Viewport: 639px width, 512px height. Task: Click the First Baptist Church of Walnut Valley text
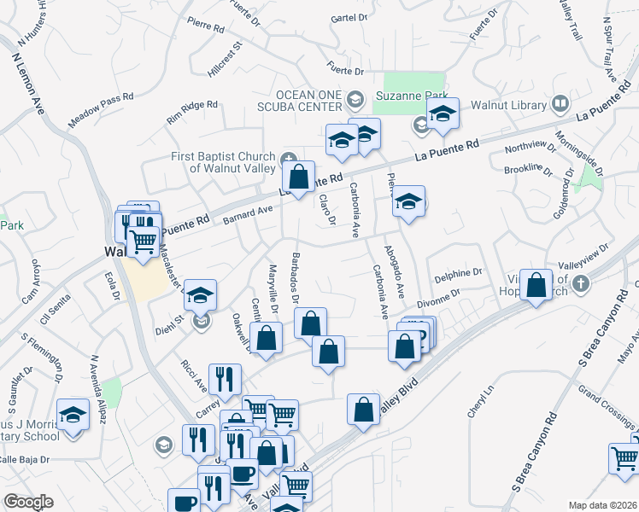(220, 162)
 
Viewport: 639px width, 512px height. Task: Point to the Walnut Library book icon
(560, 104)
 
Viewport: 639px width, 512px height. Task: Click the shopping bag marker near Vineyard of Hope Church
(536, 285)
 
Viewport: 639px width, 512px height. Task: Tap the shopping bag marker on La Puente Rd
(298, 177)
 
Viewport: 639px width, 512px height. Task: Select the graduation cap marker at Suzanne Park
(443, 113)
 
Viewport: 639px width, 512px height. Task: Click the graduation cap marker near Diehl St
(200, 295)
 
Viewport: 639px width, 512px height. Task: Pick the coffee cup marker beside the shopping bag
(243, 472)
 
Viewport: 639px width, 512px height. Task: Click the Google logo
(28, 502)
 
